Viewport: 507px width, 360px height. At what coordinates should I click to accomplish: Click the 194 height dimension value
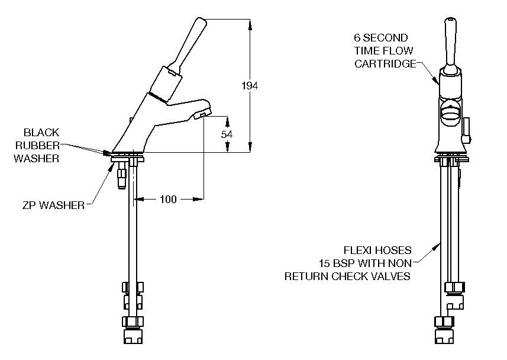(250, 86)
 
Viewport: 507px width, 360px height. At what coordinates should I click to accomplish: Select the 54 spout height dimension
(227, 134)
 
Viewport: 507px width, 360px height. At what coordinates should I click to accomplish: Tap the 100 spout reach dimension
(168, 199)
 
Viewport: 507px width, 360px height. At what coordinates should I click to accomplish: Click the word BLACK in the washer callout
(41, 133)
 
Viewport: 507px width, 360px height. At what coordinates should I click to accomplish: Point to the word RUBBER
(37, 145)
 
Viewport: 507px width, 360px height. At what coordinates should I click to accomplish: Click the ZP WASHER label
(53, 205)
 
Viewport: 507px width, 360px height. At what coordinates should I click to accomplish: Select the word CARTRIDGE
(385, 64)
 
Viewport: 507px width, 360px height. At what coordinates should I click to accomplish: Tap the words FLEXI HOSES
(377, 250)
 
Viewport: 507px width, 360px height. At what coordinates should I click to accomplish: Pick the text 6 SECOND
(381, 38)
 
